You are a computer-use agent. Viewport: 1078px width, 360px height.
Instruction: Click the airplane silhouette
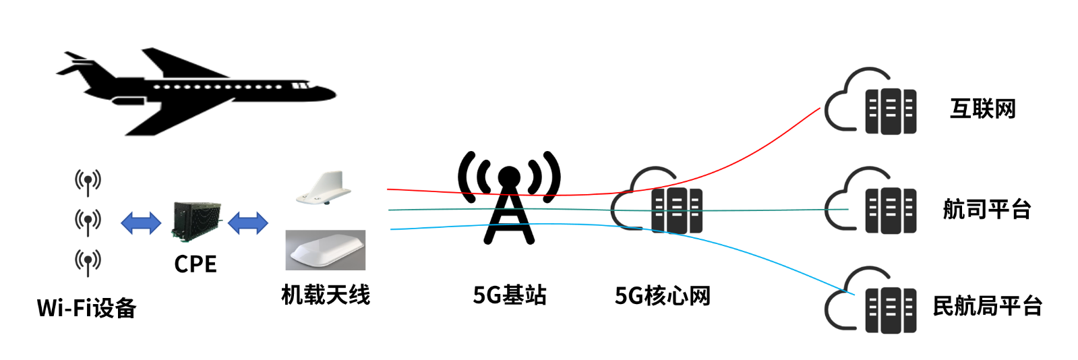196,91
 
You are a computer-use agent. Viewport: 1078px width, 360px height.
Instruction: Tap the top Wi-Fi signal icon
88,181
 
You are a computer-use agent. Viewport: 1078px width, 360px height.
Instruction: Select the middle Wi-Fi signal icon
88,220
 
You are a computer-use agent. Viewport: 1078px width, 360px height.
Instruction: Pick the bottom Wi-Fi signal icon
88,261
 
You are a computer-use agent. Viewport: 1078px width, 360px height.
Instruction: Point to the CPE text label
196,264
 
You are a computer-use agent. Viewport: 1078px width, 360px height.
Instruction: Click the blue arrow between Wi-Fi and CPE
140,222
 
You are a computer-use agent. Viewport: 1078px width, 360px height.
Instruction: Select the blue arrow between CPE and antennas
248,222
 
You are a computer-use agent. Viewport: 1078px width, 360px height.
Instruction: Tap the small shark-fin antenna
324,188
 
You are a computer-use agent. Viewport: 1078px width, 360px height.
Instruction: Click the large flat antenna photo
326,250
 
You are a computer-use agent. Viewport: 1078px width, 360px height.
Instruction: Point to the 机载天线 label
326,295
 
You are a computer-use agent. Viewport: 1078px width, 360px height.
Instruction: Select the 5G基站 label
509,295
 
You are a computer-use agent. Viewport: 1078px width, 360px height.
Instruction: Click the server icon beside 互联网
890,110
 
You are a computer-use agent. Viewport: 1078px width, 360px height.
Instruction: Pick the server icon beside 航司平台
890,210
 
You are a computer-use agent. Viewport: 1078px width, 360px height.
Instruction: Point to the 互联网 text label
982,109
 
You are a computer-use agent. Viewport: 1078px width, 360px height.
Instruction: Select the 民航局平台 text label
987,307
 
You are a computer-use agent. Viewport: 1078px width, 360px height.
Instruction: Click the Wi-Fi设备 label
87,308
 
